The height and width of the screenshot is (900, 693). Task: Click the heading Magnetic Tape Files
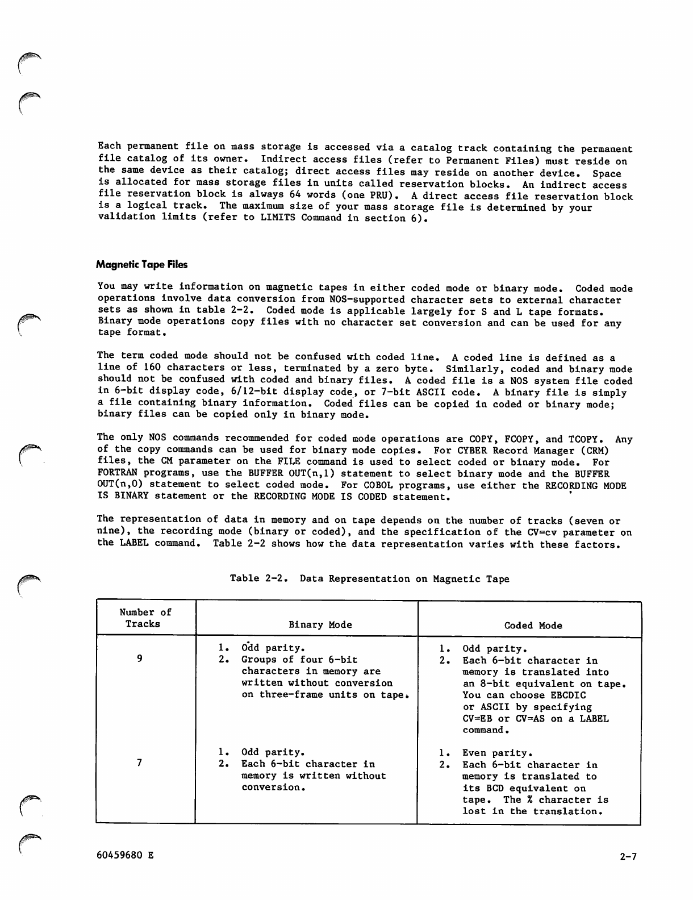141,265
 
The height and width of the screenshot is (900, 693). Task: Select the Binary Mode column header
320,625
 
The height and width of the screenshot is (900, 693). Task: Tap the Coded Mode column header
533,626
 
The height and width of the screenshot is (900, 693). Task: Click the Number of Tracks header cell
145,618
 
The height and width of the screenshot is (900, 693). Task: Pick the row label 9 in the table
140,659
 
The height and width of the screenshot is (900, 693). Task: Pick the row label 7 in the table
140,763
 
